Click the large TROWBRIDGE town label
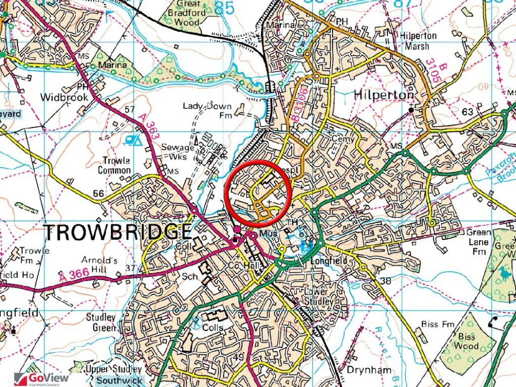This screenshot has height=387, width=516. click(118, 232)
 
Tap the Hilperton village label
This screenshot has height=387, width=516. click(384, 95)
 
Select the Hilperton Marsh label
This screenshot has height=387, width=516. click(415, 41)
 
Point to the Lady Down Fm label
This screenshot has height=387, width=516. click(207, 110)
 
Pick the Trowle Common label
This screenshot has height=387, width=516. click(116, 165)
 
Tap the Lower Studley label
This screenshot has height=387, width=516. click(318, 296)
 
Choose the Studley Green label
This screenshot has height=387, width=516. click(101, 322)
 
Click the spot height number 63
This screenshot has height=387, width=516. click(467, 111)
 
